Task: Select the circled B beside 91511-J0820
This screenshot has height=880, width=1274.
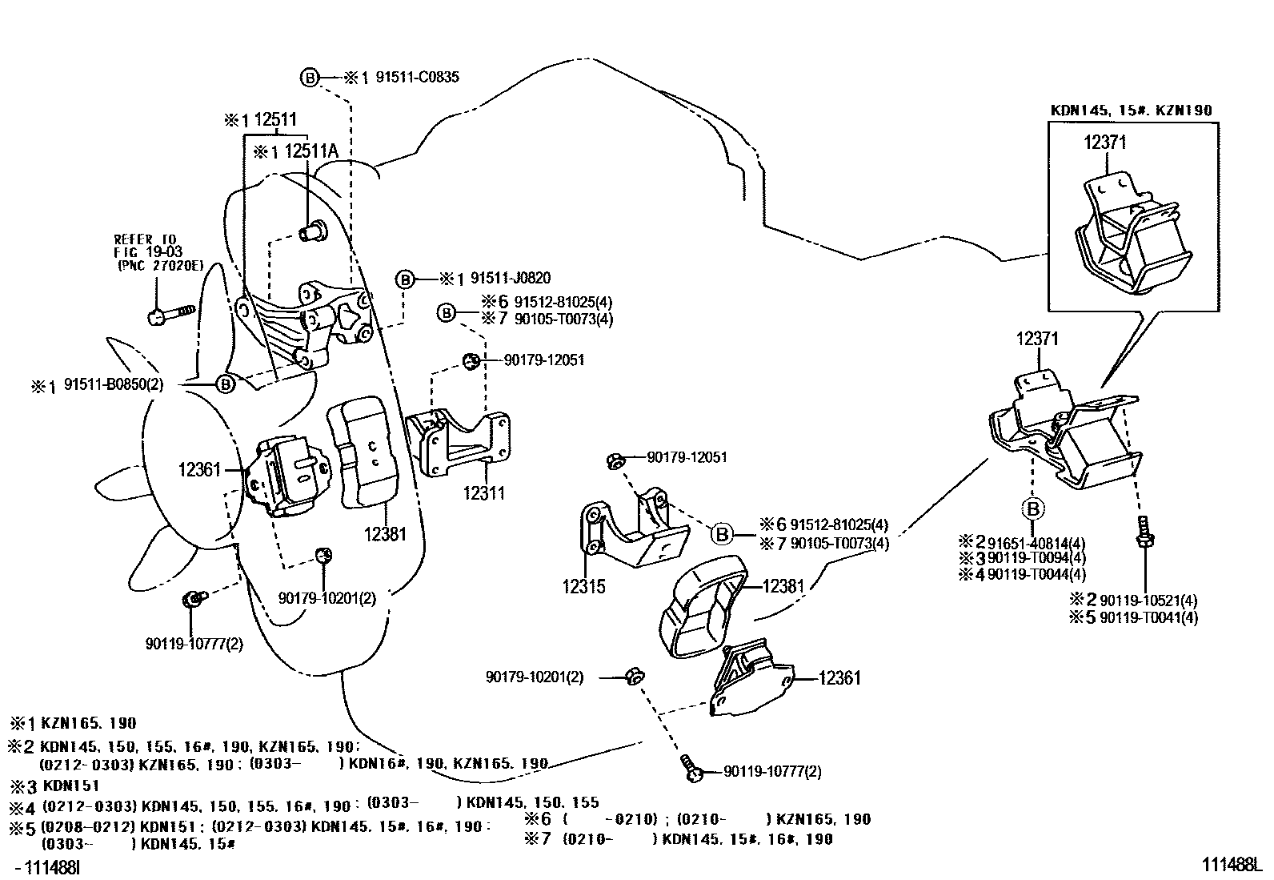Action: click(406, 279)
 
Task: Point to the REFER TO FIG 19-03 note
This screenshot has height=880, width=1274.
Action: click(148, 251)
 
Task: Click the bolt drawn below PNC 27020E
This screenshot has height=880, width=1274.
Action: click(170, 313)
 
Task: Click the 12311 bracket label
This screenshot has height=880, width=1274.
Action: click(484, 492)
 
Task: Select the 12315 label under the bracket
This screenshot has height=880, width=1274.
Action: click(583, 587)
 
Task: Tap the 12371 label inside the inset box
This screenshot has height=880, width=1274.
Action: click(1105, 143)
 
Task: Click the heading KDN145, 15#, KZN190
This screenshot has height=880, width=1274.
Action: click(1131, 111)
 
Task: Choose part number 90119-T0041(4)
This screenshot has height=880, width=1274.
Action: click(1148, 617)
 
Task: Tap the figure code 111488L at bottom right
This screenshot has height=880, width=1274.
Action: click(1230, 865)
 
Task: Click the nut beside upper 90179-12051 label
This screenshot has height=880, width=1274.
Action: click(472, 361)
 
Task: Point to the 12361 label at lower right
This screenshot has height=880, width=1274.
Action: click(839, 678)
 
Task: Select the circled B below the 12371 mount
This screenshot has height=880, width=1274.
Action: click(1033, 508)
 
